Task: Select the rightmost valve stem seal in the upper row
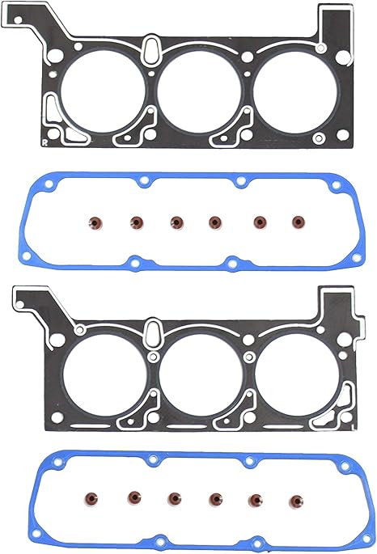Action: (x=299, y=219)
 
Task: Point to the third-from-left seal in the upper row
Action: (x=176, y=220)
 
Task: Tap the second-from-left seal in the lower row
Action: (x=133, y=496)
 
